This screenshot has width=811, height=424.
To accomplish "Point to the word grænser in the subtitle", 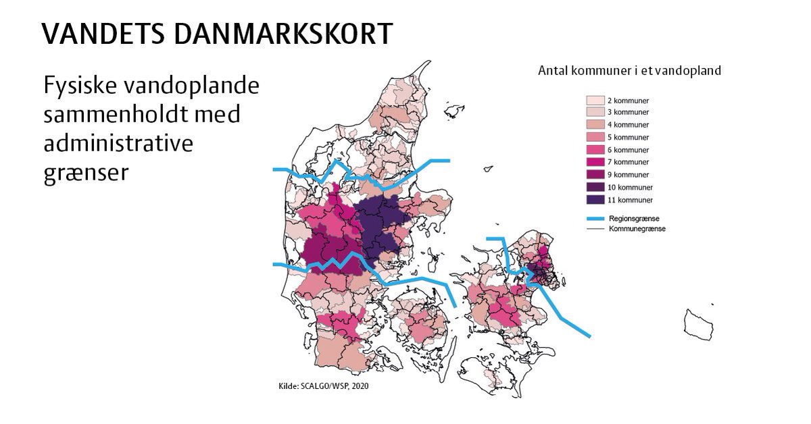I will pos(85,172).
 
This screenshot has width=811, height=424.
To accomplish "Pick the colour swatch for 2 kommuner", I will pos(594,100).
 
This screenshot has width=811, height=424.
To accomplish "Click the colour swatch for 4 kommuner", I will pos(594,125).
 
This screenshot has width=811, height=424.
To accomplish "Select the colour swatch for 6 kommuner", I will pos(594,150).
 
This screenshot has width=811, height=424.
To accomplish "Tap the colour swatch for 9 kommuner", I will pos(594,175).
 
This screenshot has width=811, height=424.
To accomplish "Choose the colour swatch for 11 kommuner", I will pos(594,200).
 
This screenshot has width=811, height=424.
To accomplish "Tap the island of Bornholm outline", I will pos(698,324).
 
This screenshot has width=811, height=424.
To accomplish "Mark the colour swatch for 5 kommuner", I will pos(594,138).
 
